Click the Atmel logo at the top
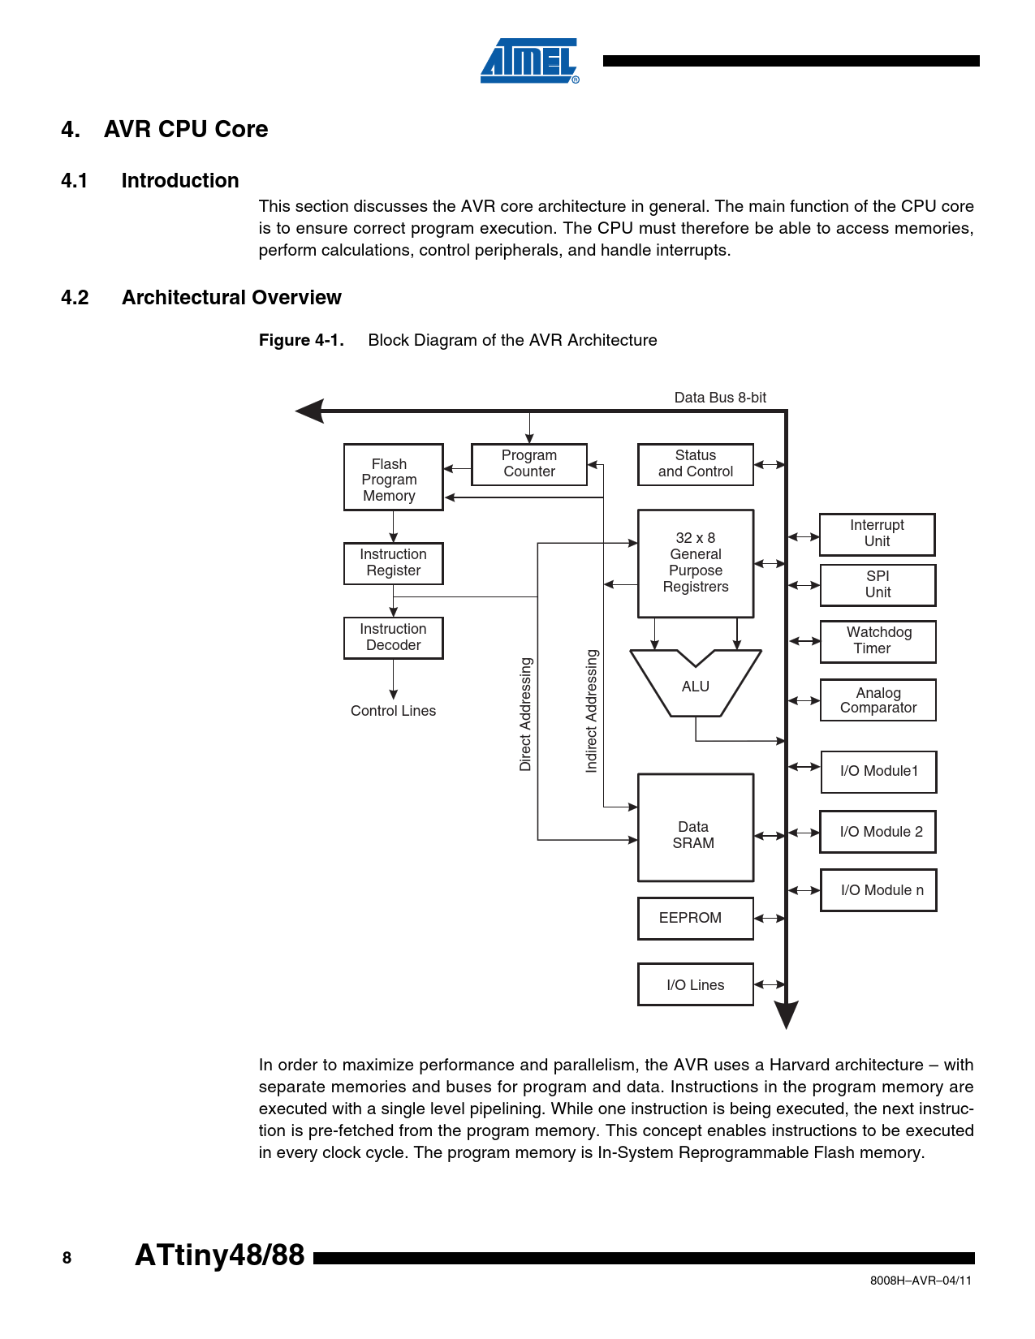point(529,61)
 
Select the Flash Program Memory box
point(393,477)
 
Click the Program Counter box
point(529,464)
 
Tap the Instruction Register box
point(393,563)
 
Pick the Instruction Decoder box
point(393,638)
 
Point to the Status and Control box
point(695,464)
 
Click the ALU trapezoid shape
point(696,687)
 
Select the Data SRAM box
point(695,828)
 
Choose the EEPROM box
point(695,918)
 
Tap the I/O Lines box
point(695,984)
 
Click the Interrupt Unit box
point(877,534)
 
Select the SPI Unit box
point(878,585)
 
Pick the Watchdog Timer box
point(878,641)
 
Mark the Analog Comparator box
point(878,700)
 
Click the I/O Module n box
point(878,890)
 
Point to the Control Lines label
point(393,711)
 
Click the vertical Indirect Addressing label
point(592,711)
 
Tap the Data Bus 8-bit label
point(720,398)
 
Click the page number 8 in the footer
point(67,1259)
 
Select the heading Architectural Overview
point(231,298)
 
